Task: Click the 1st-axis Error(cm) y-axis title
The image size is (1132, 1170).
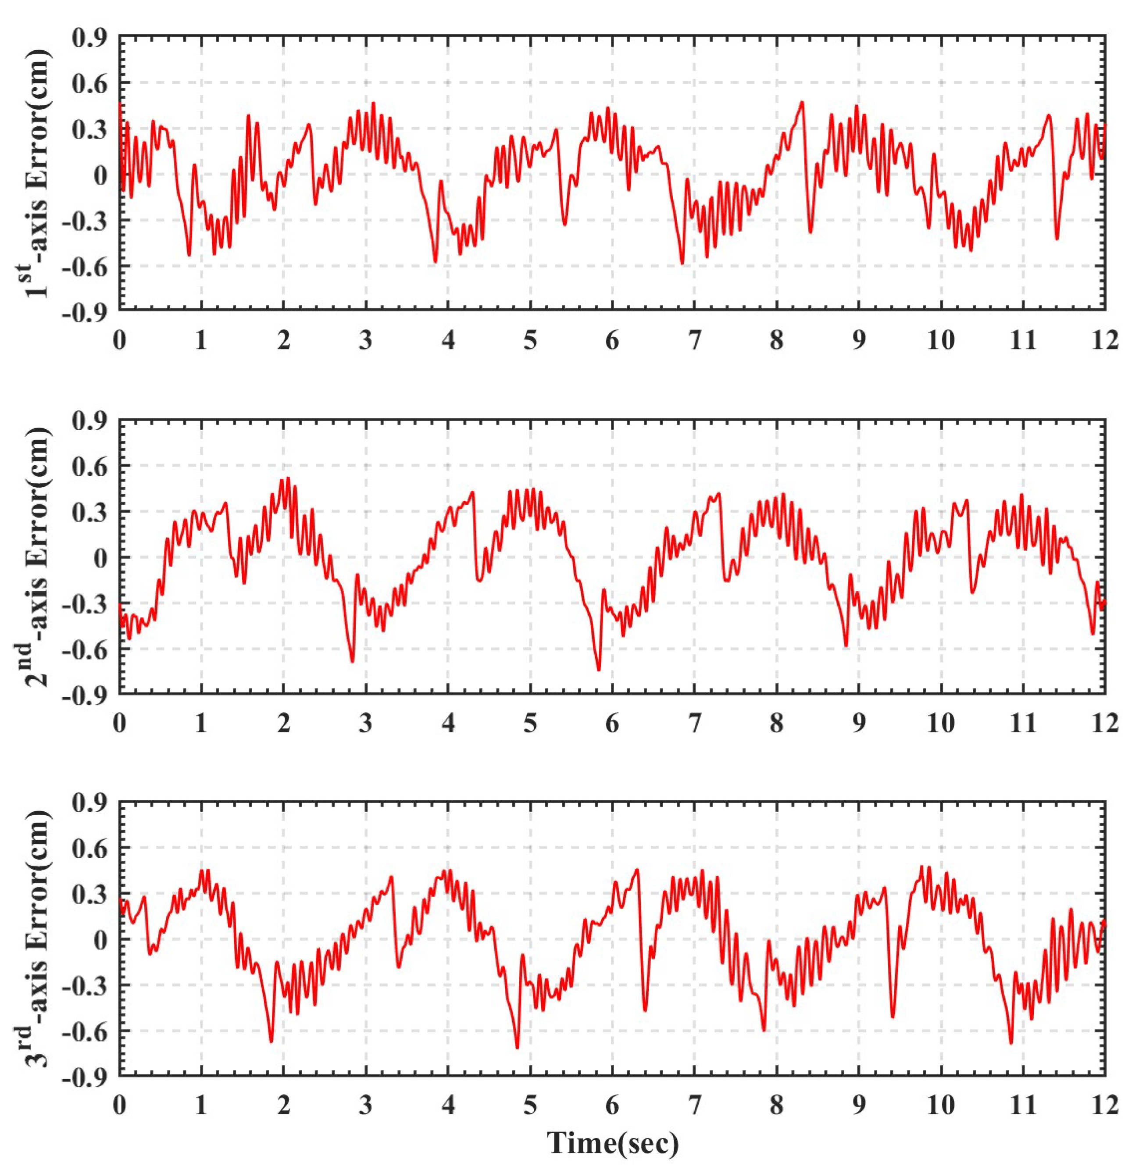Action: click(37, 173)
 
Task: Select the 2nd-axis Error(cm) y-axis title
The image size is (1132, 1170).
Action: click(37, 556)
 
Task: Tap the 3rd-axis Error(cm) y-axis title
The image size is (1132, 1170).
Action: click(37, 938)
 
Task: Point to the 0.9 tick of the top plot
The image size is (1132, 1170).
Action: click(89, 38)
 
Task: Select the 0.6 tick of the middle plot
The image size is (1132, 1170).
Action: click(89, 466)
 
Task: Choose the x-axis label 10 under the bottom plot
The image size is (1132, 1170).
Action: click(941, 1106)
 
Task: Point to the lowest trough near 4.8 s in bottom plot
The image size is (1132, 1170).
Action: click(517, 1048)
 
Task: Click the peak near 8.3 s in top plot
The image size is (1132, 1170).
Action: click(803, 102)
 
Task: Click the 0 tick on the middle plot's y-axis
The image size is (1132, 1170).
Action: click(100, 557)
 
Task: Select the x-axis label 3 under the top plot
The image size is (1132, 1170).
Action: click(365, 341)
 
